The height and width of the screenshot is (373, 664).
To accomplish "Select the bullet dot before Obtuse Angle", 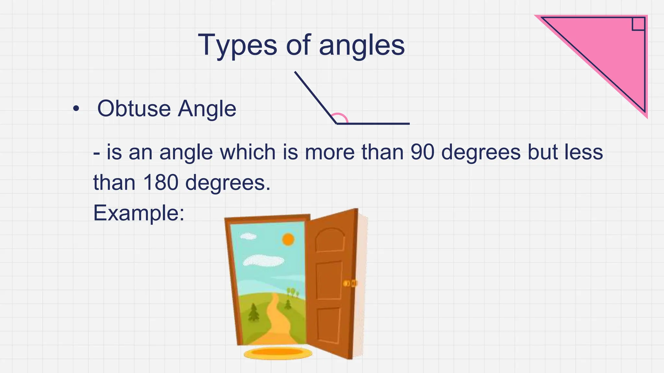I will pyautogui.click(x=76, y=109).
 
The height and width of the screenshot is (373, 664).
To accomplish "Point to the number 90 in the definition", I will pyautogui.click(x=422, y=152).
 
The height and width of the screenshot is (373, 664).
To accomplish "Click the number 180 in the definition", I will pyautogui.click(x=160, y=182).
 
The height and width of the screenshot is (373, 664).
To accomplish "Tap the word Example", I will pyautogui.click(x=138, y=213).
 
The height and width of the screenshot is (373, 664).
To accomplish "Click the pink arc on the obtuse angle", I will pyautogui.click(x=340, y=117).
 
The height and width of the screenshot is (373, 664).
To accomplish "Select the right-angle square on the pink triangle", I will pyautogui.click(x=638, y=24).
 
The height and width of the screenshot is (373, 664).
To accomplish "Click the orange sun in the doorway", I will pyautogui.click(x=288, y=240).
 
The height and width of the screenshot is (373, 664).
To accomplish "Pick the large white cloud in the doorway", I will pyautogui.click(x=263, y=260).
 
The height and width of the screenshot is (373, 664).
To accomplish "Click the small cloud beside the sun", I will pyautogui.click(x=248, y=236).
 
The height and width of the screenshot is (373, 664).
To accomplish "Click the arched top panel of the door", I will pyautogui.click(x=330, y=240).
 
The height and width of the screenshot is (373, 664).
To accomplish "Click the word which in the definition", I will pyautogui.click(x=248, y=152).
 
